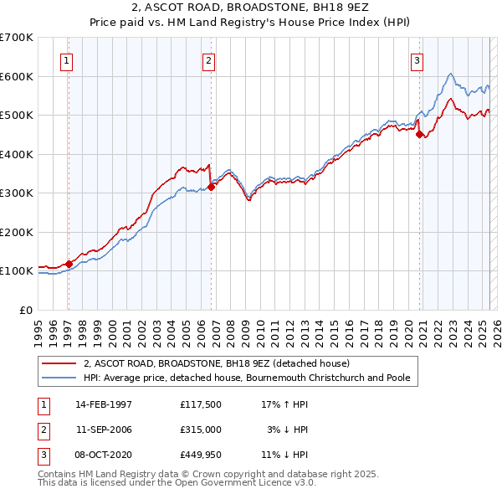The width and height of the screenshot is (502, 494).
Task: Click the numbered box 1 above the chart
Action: (x=66, y=59)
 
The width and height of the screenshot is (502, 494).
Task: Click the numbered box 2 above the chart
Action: (x=208, y=59)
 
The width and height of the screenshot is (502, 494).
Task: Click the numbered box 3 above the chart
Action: (x=417, y=59)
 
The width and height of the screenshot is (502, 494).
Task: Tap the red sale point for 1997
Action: (x=69, y=264)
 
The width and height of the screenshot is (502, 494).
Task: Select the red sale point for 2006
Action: (x=212, y=188)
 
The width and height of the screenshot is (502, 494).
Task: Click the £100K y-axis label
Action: (x=17, y=270)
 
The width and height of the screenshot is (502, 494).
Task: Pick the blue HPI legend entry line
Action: (x=60, y=378)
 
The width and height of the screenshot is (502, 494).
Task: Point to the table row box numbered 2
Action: (x=42, y=430)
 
